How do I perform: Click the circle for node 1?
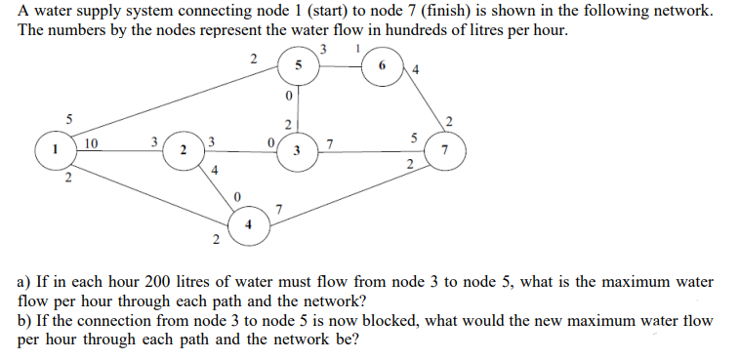point(57,152)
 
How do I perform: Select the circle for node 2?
point(184,151)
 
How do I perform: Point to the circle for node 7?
point(446,152)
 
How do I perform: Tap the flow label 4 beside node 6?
point(416,69)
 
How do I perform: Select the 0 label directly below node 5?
point(288,98)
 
